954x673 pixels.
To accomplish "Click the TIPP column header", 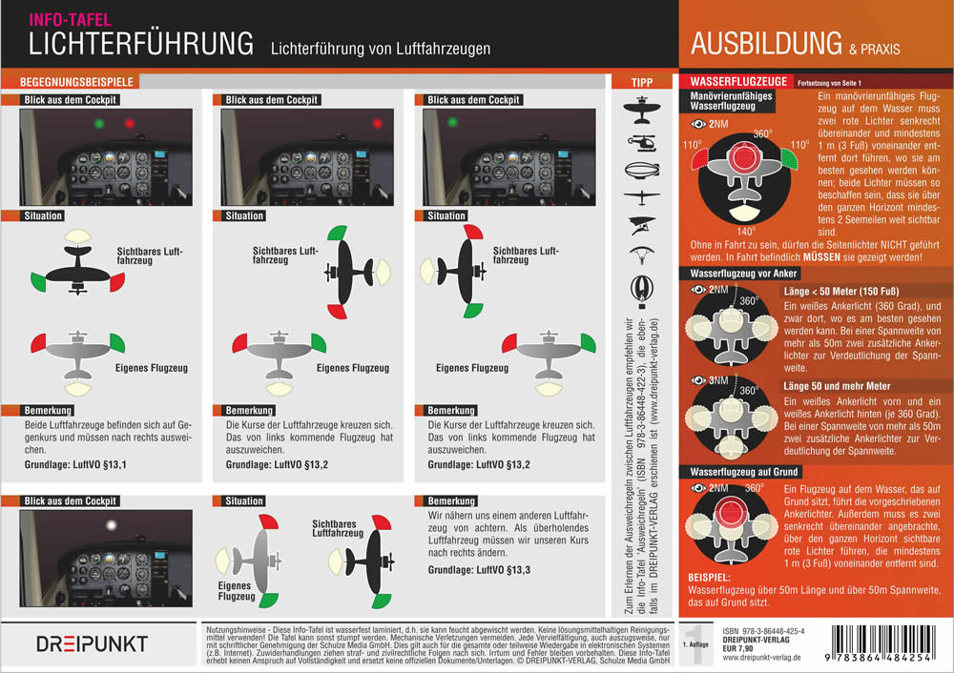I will click(x=642, y=83).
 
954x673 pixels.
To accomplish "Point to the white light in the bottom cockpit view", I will click(x=113, y=525).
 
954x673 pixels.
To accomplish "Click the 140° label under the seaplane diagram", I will click(x=740, y=230).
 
